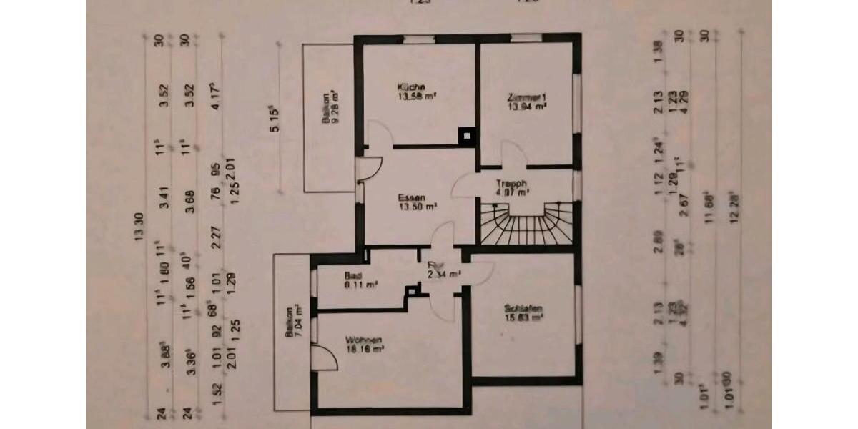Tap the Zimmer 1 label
click(525, 97)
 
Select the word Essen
click(413, 198)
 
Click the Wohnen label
click(363, 340)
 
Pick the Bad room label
click(352, 275)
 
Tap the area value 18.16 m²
click(365, 349)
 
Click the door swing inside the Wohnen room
click(323, 357)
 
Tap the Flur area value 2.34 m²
click(444, 273)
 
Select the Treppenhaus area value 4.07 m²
click(513, 192)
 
